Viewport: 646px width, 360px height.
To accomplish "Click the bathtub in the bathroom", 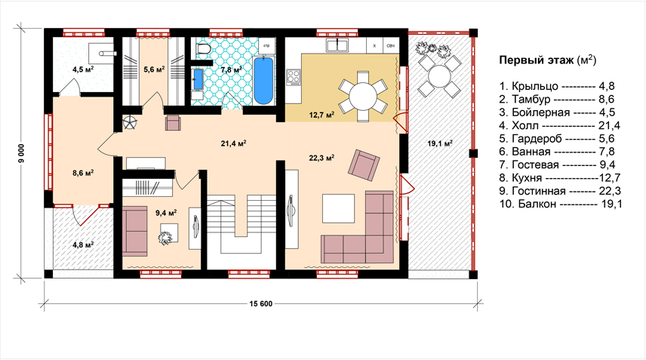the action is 263,81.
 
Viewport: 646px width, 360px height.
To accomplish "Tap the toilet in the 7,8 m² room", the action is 204,48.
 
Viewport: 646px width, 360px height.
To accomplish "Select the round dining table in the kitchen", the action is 363,97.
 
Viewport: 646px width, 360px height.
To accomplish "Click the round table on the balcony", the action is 439,75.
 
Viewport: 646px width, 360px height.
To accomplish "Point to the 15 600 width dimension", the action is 261,304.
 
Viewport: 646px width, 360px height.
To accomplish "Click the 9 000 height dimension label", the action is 21,153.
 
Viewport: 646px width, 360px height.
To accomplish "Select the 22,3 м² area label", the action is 321,157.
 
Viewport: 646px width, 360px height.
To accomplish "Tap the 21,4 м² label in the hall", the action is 234,143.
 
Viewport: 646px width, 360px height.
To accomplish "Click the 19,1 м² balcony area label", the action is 440,143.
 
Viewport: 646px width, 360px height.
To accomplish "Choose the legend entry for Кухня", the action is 560,178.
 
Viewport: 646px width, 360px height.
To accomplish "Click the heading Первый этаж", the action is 536,60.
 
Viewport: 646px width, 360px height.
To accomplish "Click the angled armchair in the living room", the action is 364,166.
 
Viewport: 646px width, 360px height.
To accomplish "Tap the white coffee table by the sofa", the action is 338,208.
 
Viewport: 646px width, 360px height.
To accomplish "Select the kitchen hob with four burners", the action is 294,77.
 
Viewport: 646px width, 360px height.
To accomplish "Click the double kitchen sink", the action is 337,45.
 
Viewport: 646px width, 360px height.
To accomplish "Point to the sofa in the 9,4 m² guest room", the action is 135,231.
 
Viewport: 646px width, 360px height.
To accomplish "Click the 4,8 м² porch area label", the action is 83,245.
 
